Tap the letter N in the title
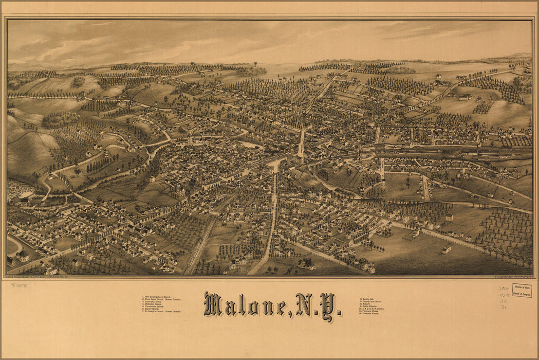click(x=304, y=305)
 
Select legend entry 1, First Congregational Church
click(x=160, y=296)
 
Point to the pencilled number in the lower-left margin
click(x=18, y=285)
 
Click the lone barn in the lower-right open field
click(x=447, y=249)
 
